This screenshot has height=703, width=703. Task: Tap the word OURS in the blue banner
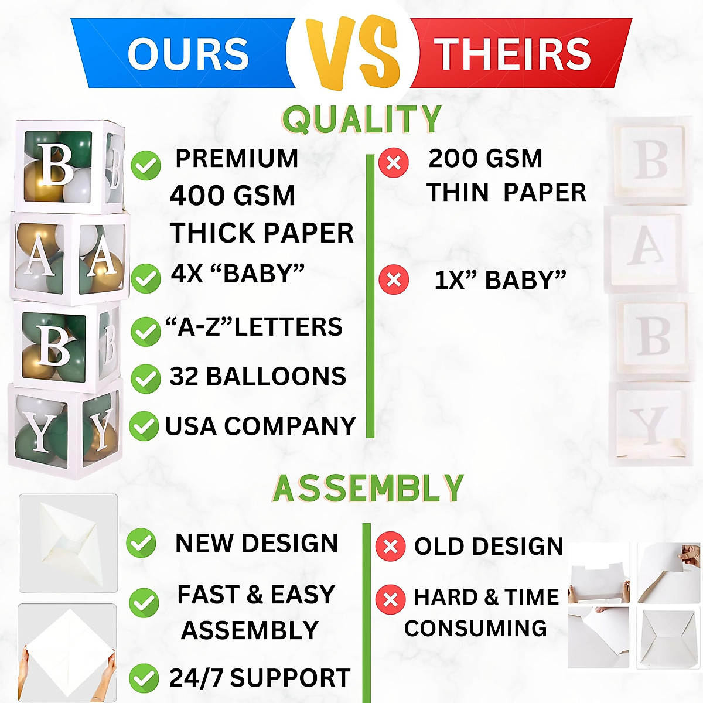[x=189, y=54]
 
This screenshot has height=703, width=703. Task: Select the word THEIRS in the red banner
[x=512, y=54]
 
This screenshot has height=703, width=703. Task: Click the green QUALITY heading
[x=361, y=120]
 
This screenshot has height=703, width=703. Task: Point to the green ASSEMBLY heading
[x=368, y=489]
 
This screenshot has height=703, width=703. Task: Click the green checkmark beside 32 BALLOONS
[x=145, y=378]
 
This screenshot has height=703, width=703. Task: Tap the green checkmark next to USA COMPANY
[x=144, y=426]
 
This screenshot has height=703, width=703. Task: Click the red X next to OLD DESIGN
[x=390, y=547]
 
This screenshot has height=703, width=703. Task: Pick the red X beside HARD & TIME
[x=390, y=599]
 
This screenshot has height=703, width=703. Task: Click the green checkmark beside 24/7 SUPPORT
[x=144, y=678]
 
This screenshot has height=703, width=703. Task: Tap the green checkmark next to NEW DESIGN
[x=141, y=543]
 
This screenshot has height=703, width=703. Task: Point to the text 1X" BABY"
[x=500, y=281]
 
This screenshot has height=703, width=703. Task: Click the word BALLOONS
[x=276, y=377]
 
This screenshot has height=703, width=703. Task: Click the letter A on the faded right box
[x=647, y=245]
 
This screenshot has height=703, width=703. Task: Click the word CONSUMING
[x=475, y=629]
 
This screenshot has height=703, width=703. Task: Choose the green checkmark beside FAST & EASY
[x=144, y=603]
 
